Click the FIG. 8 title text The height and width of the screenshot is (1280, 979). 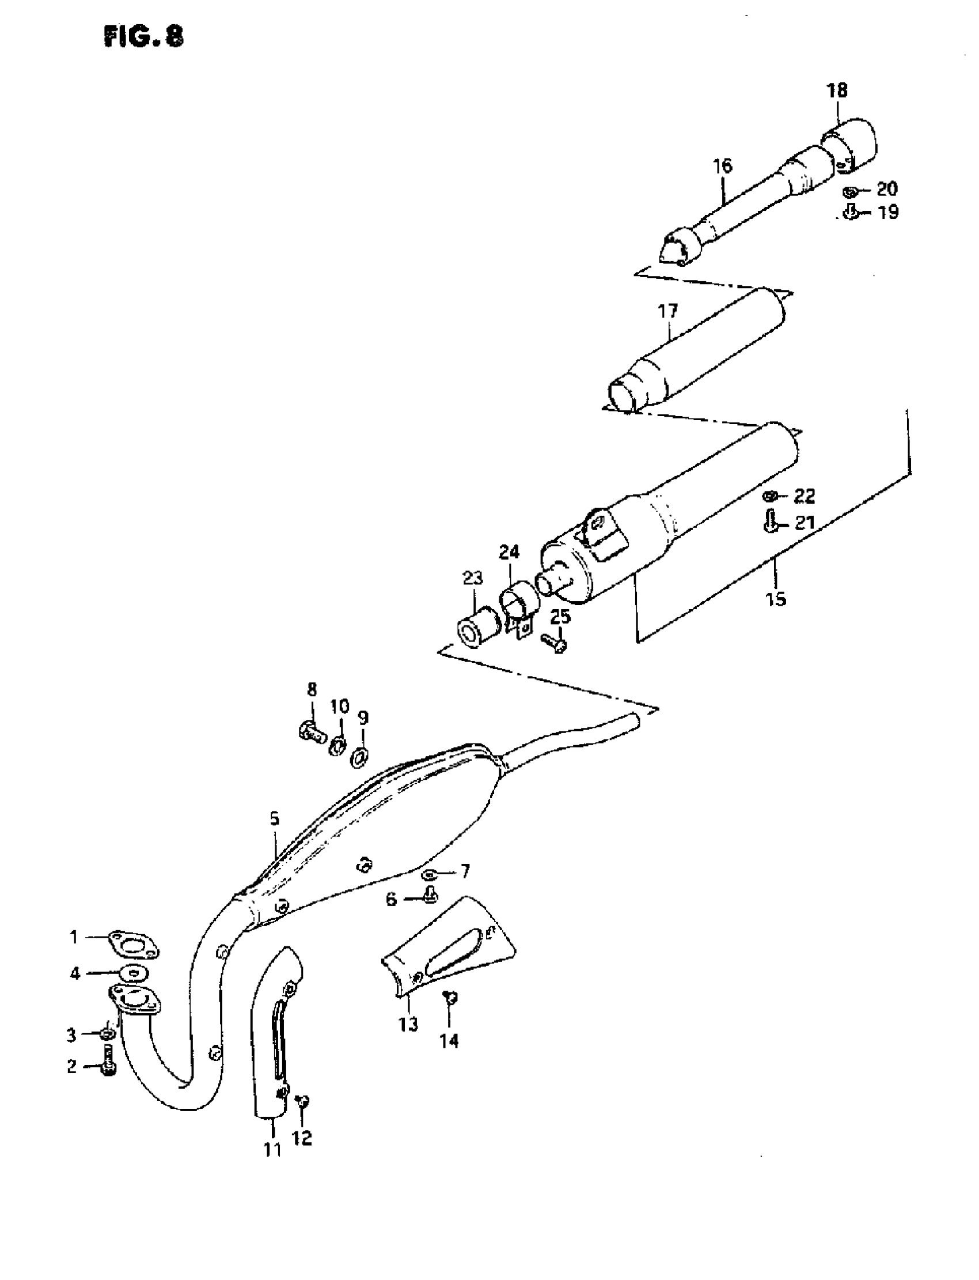pos(143,37)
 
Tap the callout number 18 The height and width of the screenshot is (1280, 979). pos(837,91)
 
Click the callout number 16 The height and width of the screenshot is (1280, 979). pos(722,166)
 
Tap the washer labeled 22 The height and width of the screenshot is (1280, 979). pos(769,496)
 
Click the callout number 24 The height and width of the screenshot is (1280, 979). pos(509,552)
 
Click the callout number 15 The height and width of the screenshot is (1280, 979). pos(776,598)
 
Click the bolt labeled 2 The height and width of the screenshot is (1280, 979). pos(108,1060)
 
